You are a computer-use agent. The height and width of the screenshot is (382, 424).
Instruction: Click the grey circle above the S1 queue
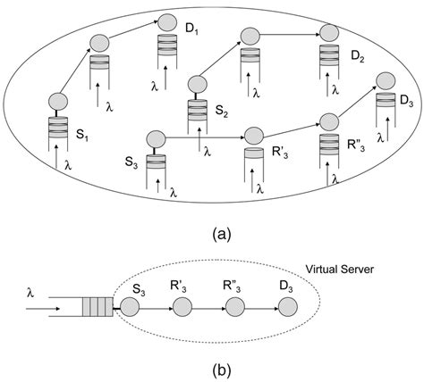tap(58, 103)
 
